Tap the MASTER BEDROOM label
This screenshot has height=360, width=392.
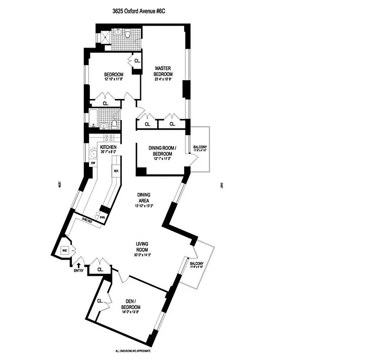(162, 71)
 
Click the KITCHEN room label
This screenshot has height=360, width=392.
(108, 148)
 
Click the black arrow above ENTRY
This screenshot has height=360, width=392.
(79, 265)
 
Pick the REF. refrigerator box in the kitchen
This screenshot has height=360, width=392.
(116, 171)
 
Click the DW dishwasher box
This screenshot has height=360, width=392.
(93, 163)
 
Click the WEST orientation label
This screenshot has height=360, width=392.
(59, 184)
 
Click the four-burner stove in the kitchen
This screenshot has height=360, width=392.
(109, 138)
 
